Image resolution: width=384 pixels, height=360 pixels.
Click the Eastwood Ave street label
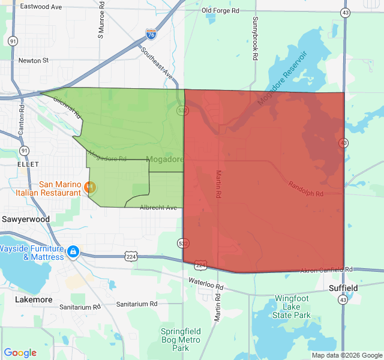[41, 7]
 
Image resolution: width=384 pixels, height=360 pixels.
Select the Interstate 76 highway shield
[151, 35]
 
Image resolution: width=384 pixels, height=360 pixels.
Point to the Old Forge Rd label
[220, 11]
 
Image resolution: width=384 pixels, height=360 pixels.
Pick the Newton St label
[33, 60]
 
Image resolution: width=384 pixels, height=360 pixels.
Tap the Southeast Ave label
[157, 64]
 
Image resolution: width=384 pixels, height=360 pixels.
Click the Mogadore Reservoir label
[282, 79]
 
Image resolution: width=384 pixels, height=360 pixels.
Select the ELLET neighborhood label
[28, 164]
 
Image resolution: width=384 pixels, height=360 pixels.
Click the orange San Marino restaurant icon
[90, 187]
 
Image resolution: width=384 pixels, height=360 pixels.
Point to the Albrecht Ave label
[158, 208]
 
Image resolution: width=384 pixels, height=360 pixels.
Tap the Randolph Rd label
[306, 189]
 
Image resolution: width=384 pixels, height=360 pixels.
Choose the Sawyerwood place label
[25, 219]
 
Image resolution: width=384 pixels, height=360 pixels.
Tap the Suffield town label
[343, 288]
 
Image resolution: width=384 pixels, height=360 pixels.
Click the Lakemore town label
[34, 299]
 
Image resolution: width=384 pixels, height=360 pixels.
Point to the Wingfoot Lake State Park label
[292, 306]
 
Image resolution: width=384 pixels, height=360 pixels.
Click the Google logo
[20, 353]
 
